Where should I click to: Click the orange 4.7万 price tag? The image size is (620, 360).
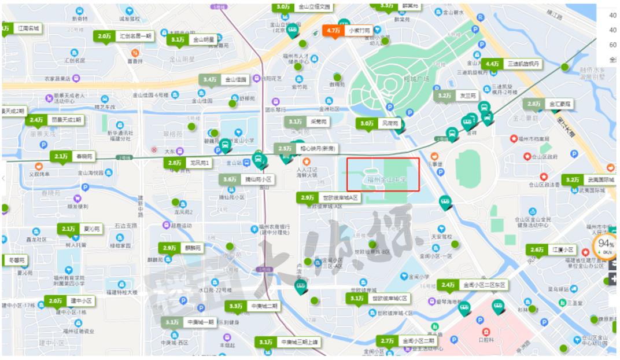333,31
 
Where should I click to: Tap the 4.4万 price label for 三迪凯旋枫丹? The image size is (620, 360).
492,64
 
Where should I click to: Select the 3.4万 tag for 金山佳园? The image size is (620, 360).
209,79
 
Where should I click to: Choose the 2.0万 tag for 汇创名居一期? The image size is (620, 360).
104,36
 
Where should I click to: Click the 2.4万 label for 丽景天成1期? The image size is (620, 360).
36,120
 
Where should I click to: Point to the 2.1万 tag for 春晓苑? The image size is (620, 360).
60,156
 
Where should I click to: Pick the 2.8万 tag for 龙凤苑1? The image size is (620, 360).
175,163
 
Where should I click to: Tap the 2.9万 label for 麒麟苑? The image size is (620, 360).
169,248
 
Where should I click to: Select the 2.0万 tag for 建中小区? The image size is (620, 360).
56,301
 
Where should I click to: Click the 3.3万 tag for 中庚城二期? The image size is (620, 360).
235,306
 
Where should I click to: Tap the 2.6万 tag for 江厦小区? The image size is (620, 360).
537,250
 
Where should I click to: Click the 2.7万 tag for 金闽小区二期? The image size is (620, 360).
387,341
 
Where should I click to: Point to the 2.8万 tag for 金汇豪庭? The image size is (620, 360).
533,104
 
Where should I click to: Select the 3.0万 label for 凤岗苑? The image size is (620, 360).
367,123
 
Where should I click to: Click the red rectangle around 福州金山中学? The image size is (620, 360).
383,174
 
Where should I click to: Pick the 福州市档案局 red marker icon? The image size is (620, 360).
513,139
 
